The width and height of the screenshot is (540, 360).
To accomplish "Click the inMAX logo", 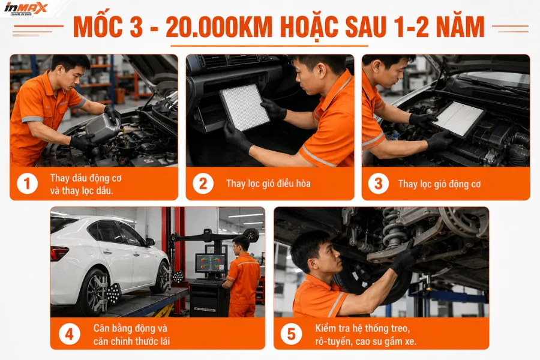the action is tap(25, 8).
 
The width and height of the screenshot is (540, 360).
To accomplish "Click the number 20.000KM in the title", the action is tap(219, 27).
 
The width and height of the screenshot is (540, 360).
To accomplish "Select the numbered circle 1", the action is tap(27, 184).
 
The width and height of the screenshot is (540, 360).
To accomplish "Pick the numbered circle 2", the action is tap(203, 184).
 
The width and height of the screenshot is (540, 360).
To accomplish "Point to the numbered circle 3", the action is tap(379, 184).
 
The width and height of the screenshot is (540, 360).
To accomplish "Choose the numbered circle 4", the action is tap(69, 334).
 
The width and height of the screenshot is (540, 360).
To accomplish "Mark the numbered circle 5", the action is tap(292, 334).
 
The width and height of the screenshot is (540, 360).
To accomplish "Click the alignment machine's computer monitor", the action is tap(211, 263).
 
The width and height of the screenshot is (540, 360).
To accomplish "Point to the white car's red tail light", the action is tap(59, 253).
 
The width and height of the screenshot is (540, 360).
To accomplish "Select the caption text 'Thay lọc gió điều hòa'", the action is tap(268, 184).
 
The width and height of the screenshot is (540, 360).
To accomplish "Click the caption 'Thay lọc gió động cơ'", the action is tap(439, 185).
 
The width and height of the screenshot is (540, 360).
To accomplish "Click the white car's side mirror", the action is tap(150, 242).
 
